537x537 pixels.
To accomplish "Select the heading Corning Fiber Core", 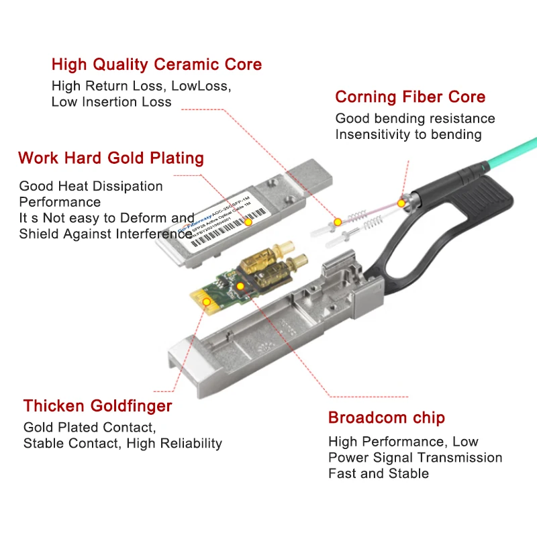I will pyautogui.click(x=410, y=97).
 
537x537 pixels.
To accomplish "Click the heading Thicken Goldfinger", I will pyautogui.click(x=97, y=405).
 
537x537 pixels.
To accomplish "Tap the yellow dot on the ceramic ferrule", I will pyautogui.click(x=338, y=221).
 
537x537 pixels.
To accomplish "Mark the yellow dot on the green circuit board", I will pyautogui.click(x=240, y=287).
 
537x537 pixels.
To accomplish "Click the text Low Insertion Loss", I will pyautogui.click(x=111, y=102).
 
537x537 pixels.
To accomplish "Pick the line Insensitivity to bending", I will pyautogui.click(x=408, y=134).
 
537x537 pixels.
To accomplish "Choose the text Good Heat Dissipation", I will pyautogui.click(x=91, y=186).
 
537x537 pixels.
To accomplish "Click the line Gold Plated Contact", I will pyautogui.click(x=89, y=428).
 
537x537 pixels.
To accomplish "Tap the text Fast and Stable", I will pyautogui.click(x=378, y=473).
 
